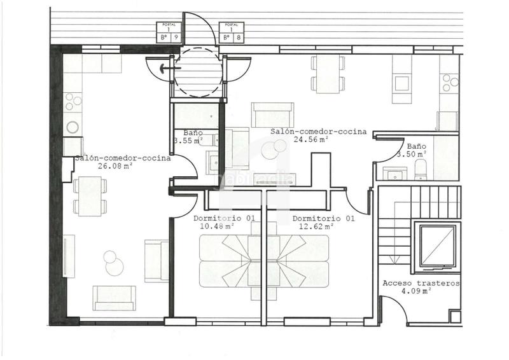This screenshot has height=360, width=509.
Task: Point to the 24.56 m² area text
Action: click(310, 139)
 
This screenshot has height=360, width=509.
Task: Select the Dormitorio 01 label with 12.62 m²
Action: click(323, 222)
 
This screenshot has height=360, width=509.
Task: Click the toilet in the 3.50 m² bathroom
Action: click(421, 169)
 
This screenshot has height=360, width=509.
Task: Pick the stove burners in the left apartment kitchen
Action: click(73, 101)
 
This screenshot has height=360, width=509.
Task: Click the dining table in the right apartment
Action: click(328, 74)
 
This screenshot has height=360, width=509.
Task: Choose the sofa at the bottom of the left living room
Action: click(114, 298)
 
